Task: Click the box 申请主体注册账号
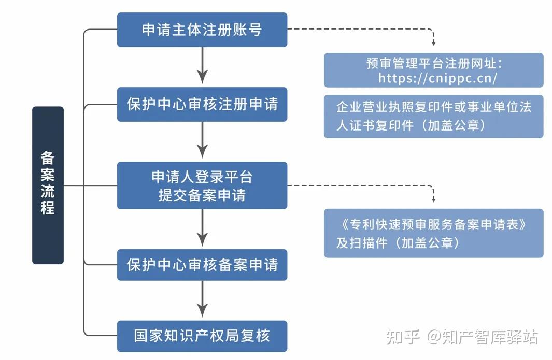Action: (202, 30)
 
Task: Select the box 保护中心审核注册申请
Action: (202, 105)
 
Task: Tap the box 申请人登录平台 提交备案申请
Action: (202, 185)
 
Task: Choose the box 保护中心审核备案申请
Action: (202, 265)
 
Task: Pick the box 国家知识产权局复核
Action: (202, 336)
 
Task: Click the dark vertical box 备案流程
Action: (48, 185)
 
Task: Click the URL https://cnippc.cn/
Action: (437, 78)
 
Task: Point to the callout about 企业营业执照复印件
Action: (434, 117)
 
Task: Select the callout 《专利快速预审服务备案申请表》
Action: (434, 233)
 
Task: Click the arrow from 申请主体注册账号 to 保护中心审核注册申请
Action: (202, 65)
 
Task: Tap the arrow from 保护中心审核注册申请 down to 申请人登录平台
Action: (202, 140)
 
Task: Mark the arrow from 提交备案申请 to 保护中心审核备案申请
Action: (202, 228)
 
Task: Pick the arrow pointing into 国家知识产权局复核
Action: (202, 299)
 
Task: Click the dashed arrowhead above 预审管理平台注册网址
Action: (434, 42)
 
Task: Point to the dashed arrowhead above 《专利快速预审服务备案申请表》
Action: (434, 199)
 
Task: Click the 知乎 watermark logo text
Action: (403, 337)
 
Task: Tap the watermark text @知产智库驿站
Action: (483, 337)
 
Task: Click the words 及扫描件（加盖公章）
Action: (398, 243)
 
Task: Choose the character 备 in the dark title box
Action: (48, 158)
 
